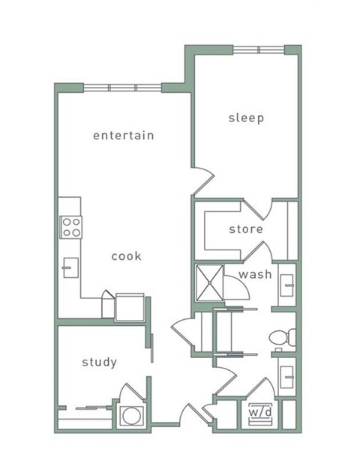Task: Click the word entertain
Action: [x=124, y=136]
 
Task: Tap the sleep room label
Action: [x=246, y=118]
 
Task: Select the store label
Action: [x=246, y=229]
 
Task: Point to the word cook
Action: [x=126, y=256]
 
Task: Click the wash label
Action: [x=255, y=274]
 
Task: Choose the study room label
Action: [x=99, y=362]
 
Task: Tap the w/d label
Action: [x=260, y=412]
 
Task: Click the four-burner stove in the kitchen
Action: [x=70, y=227]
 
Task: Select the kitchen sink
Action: [x=70, y=267]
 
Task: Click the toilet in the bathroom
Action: [x=282, y=337]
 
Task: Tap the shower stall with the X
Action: [x=209, y=282]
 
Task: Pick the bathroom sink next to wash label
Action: [x=286, y=285]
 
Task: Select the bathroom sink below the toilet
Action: [x=286, y=377]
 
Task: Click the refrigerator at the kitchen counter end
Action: [x=130, y=307]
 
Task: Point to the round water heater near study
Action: [x=132, y=416]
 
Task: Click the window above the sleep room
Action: [x=259, y=49]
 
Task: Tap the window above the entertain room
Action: [x=122, y=88]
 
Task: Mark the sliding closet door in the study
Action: [x=92, y=408]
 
